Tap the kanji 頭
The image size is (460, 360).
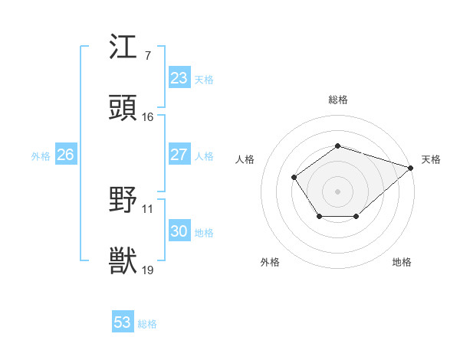tap(123, 109)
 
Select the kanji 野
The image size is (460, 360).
tap(123, 201)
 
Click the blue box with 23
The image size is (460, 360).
tap(179, 78)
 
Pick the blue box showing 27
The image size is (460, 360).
tap(179, 155)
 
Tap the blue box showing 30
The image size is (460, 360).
tap(179, 231)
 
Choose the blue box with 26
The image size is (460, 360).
tap(65, 155)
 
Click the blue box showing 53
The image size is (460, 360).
tap(123, 322)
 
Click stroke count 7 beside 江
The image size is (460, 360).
tap(147, 56)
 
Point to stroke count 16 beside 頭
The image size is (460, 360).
tap(148, 117)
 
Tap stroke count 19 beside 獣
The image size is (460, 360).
tap(148, 270)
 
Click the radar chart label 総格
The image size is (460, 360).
tap(337, 100)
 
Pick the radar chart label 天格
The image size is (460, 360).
tap(431, 159)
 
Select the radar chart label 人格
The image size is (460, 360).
tap(245, 159)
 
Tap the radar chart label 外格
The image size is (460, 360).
tap(270, 263)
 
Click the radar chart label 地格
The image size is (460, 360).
tap(402, 263)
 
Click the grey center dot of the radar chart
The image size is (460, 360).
tap(337, 191)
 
